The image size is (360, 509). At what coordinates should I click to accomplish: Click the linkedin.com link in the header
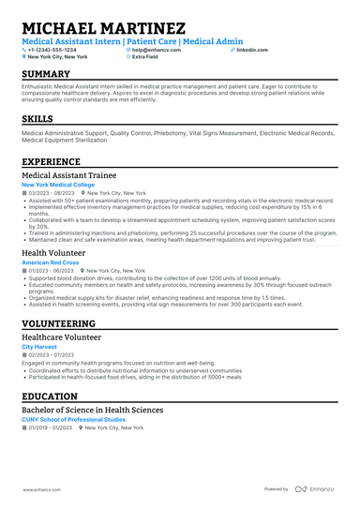(x=250, y=49)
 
